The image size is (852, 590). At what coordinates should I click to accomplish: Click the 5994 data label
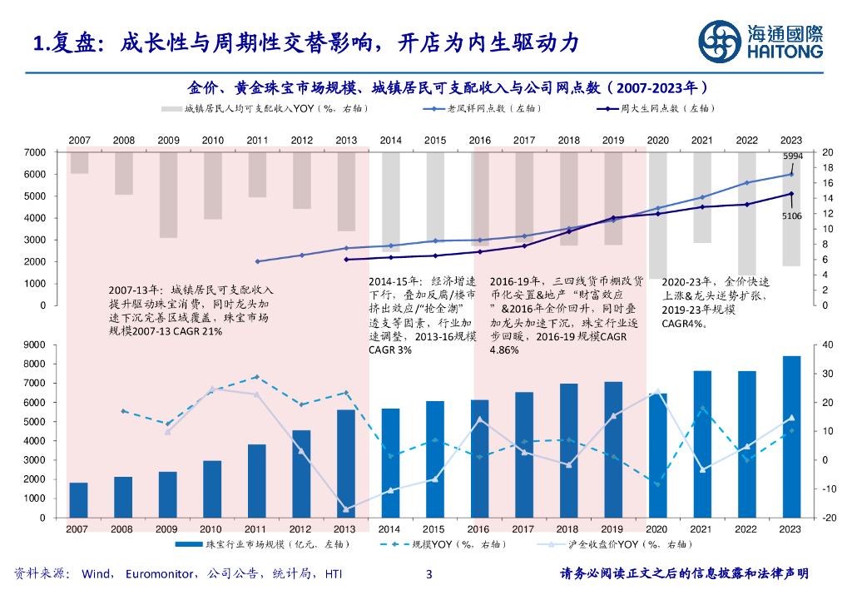(792, 156)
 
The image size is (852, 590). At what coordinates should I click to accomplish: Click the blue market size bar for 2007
(78, 499)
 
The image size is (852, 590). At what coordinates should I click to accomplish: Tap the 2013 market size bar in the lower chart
(345, 463)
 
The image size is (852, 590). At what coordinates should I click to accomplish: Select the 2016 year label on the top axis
(479, 140)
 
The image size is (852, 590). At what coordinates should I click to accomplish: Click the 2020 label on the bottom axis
(657, 528)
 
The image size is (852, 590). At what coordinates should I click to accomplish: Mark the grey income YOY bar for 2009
(168, 195)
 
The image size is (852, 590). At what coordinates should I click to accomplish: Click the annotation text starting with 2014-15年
(423, 315)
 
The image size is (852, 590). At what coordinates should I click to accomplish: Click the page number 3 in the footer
(428, 573)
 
